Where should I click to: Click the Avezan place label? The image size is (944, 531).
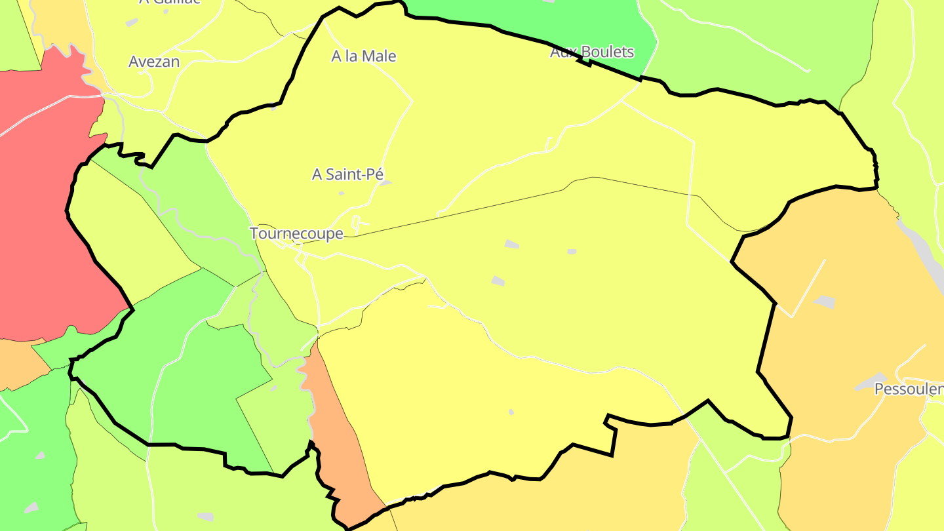coord(154,62)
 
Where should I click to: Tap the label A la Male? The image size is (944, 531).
coord(364,56)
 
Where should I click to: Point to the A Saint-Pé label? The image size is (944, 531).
coord(347,174)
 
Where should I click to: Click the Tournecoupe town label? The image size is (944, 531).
coord(296,233)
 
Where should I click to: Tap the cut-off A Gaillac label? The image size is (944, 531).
coord(170,2)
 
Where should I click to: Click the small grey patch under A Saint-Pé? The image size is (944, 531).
coord(341,193)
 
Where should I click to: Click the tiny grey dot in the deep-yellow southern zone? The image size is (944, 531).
coord(511,412)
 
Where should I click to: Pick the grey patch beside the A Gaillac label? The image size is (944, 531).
coord(132,22)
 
